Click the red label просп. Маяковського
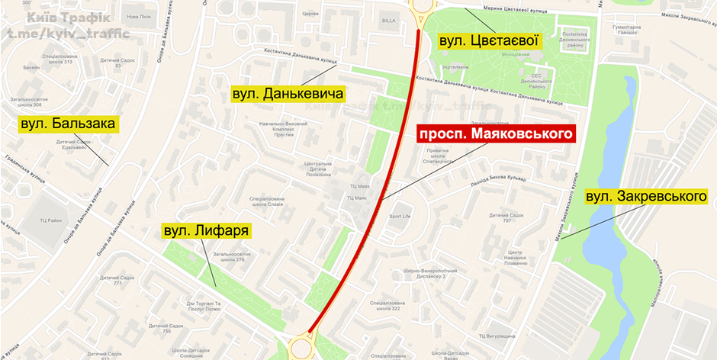pyautogui.click(x=495, y=134)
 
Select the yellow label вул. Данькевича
pyautogui.click(x=289, y=94)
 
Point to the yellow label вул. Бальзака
pyautogui.click(x=68, y=124)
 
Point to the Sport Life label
pyautogui.click(x=400, y=216)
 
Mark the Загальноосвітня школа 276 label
pyautogui.click(x=228, y=256)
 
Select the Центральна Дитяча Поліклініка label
pyautogui.click(x=318, y=168)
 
